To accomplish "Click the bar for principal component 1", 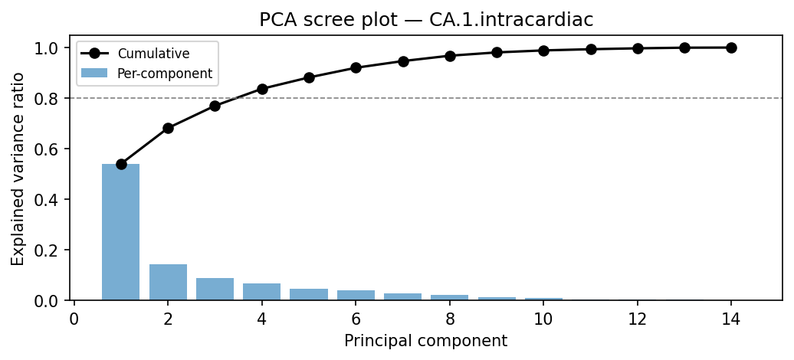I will pos(121,232).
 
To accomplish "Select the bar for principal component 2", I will pos(168,282).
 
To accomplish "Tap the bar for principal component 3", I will pos(215,289).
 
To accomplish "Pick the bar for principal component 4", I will pos(262,292).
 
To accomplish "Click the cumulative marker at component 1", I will pos(121,164).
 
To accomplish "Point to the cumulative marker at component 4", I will pos(262,89).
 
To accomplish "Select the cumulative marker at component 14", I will pos(731,47).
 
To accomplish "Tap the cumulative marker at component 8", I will pos(450,56).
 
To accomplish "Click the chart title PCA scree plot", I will pos(426,20).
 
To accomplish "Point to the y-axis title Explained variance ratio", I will pos(18,169).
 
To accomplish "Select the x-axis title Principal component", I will pos(425,341).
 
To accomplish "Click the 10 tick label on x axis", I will pos(543,318).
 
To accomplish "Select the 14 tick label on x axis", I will pos(731,318).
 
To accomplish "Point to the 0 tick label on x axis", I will pos(74,318).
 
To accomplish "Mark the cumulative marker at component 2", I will pos(168,128).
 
